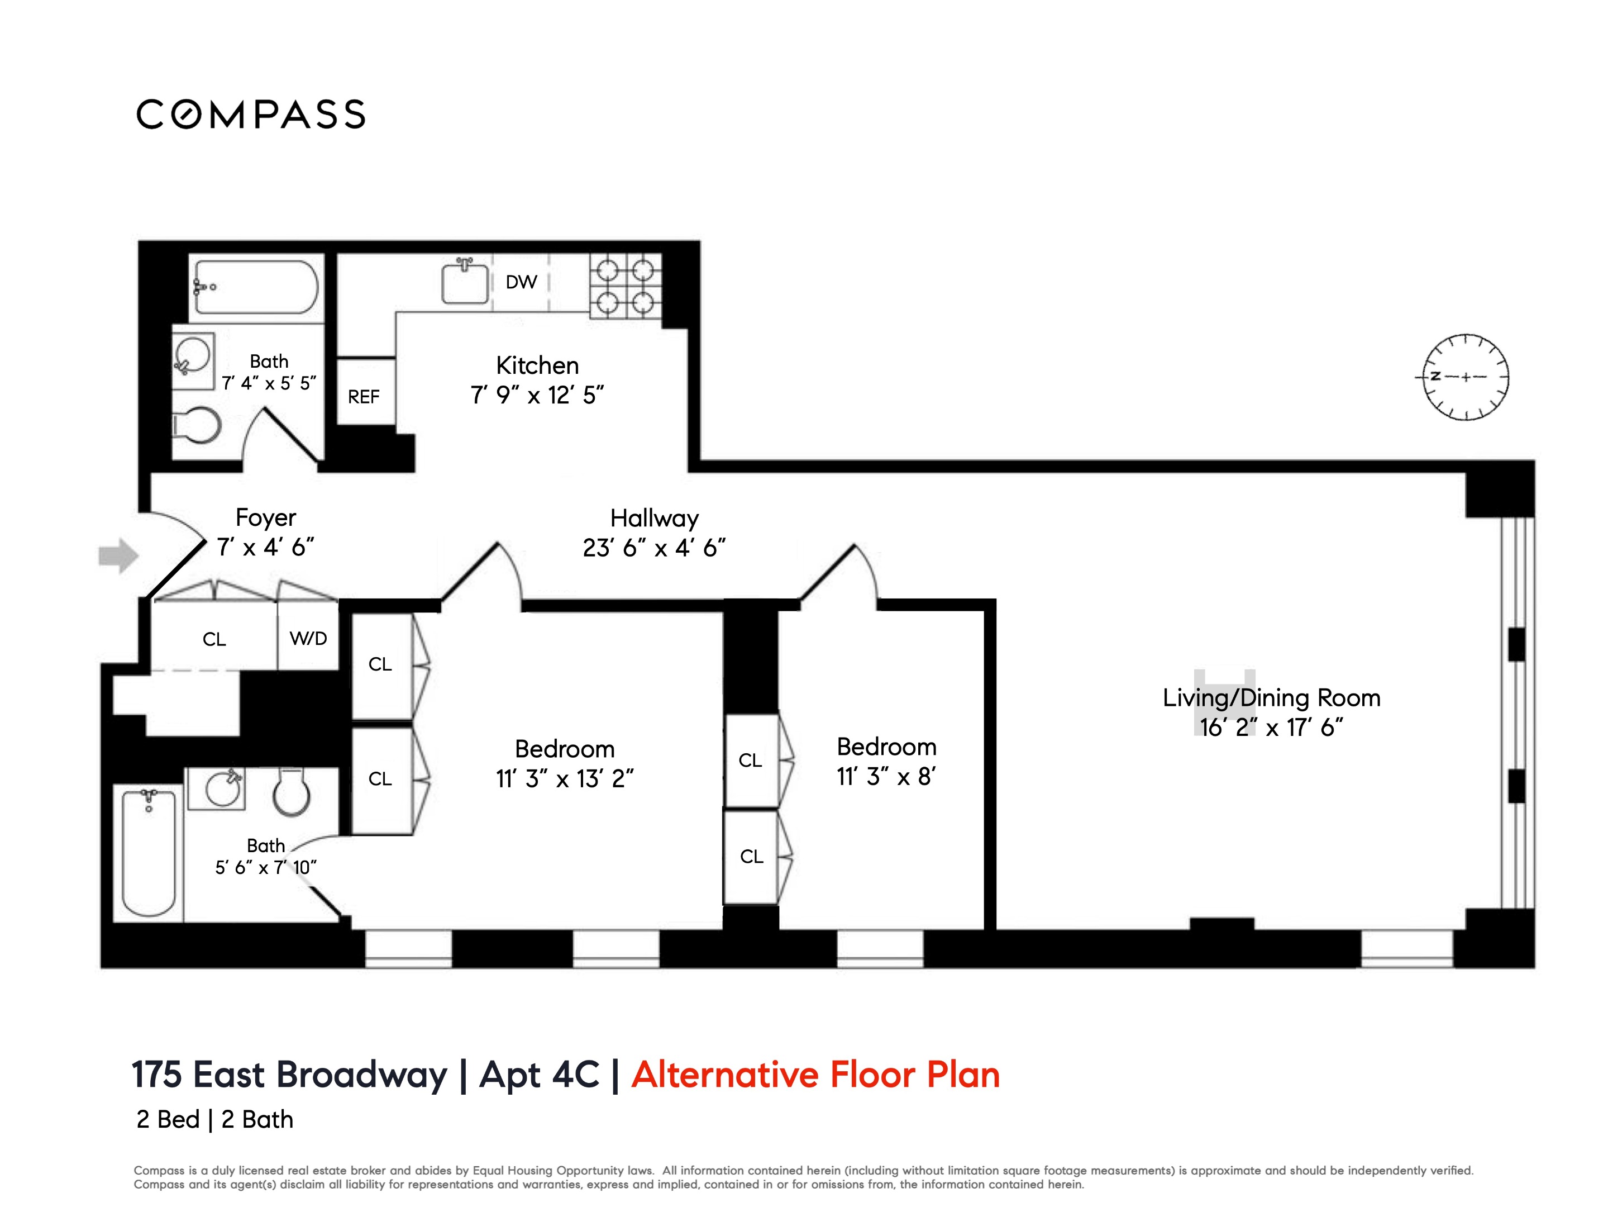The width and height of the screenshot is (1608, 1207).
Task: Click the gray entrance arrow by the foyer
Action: [x=118, y=556]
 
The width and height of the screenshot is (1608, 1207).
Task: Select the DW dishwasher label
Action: [x=521, y=282]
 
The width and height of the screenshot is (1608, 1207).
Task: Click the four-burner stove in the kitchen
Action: [x=625, y=286]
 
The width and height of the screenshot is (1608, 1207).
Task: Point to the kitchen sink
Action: [x=465, y=283]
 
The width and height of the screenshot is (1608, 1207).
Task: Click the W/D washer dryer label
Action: [x=308, y=638]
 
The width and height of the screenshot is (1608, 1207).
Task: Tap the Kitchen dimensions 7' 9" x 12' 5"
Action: [x=537, y=396]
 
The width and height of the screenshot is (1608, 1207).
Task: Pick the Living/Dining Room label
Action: [x=1271, y=697]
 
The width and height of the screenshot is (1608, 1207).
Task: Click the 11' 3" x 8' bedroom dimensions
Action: [x=885, y=777]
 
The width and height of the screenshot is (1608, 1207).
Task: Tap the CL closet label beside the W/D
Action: [x=214, y=639]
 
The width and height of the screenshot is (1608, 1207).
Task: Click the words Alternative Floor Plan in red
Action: [x=815, y=1075]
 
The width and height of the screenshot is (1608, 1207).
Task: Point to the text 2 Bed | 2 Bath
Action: [x=214, y=1120]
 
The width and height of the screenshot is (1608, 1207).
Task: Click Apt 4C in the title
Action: [x=540, y=1075]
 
